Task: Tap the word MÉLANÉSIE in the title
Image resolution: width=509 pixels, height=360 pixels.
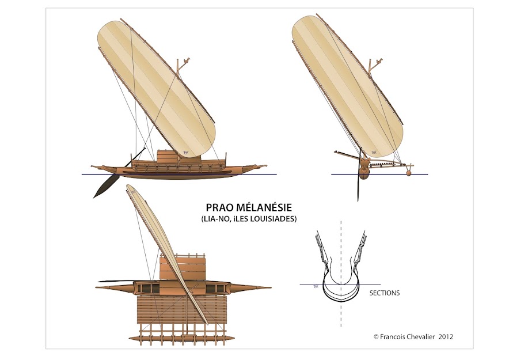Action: pos(268,207)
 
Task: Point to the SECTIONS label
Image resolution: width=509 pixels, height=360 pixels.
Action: pos(383,293)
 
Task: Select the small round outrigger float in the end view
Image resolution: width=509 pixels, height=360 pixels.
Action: pos(409,172)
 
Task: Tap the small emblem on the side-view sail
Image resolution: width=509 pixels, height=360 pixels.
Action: pos(186,153)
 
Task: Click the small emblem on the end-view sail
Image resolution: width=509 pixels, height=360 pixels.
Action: pos(374,153)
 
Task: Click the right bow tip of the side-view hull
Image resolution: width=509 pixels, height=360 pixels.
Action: pos(266,167)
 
